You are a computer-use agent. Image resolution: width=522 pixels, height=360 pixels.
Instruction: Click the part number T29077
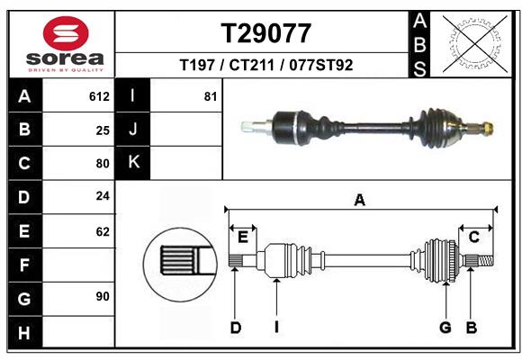(x=266, y=34)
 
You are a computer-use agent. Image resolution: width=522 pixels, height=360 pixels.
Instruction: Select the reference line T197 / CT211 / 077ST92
(x=266, y=65)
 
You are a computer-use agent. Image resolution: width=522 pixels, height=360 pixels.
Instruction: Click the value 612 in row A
(x=99, y=96)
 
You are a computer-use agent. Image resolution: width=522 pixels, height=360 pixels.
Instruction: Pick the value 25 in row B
(x=103, y=130)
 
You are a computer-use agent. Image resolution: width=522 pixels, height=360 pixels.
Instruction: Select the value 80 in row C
(x=103, y=164)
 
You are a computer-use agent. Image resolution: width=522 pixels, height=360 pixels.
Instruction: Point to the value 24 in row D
(x=103, y=195)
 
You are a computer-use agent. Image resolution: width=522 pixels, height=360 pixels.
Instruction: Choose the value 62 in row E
(x=103, y=231)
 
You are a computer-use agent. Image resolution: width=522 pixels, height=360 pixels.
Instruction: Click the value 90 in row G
(x=103, y=296)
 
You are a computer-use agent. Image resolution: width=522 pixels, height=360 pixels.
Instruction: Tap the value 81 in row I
(x=211, y=96)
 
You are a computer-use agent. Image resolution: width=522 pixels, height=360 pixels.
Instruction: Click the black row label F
(x=24, y=265)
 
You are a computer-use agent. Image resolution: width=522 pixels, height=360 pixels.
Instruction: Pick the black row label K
(x=133, y=163)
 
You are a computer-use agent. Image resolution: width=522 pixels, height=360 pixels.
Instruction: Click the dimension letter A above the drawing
(x=360, y=201)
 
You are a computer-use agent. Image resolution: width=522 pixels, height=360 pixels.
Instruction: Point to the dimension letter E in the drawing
(x=243, y=237)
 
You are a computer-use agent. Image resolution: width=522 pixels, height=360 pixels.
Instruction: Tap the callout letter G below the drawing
(x=445, y=328)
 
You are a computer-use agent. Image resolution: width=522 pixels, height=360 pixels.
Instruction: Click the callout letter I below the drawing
(x=277, y=328)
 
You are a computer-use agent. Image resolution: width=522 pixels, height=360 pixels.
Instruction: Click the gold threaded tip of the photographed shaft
(x=488, y=128)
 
